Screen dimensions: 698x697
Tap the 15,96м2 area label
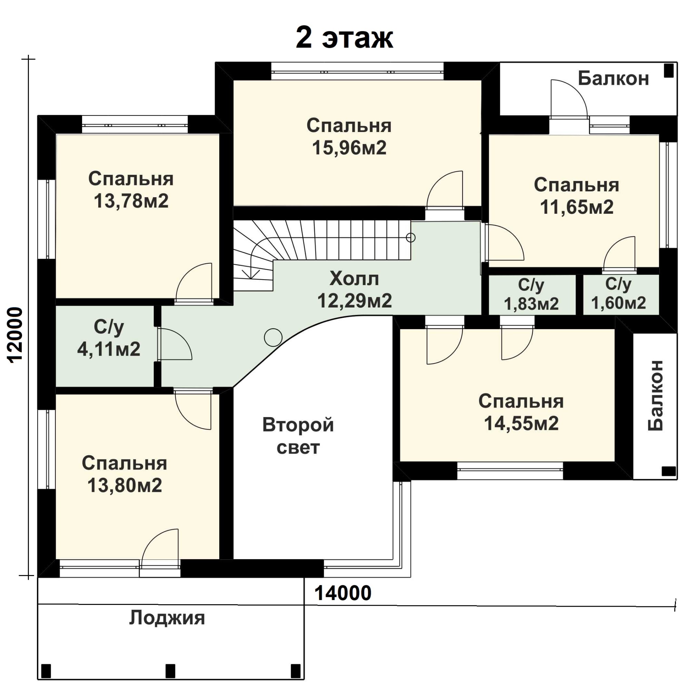click(x=349, y=148)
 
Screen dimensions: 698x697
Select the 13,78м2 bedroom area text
click(x=131, y=201)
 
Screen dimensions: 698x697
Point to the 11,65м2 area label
click(x=577, y=207)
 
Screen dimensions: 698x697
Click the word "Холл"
click(x=354, y=279)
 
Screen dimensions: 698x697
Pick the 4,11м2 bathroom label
click(x=109, y=349)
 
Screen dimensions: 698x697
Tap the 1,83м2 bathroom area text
click(x=531, y=304)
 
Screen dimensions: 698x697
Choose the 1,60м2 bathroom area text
click(x=618, y=303)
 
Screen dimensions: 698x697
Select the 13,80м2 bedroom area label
click(x=125, y=485)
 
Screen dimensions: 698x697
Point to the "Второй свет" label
click(x=298, y=436)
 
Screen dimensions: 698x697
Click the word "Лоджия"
click(x=167, y=618)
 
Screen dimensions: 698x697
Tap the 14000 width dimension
click(x=343, y=593)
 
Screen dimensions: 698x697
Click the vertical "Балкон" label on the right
click(x=655, y=395)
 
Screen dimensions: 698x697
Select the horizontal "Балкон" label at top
click(x=614, y=78)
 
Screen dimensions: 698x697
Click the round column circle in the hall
click(x=273, y=337)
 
